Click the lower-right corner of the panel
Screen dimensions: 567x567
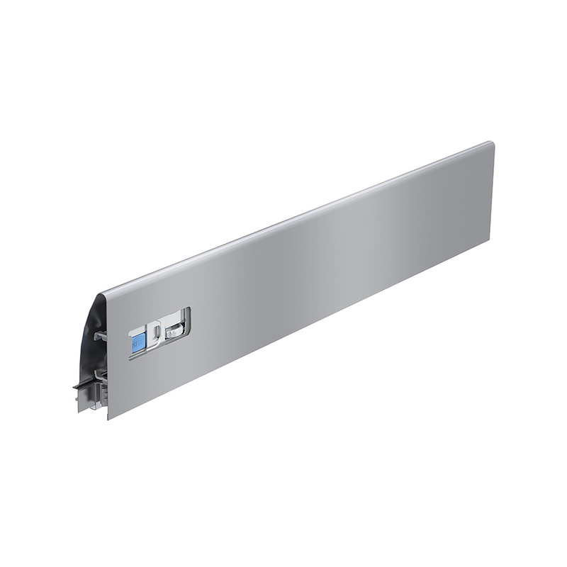(490, 237)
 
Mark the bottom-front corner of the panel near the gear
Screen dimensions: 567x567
(108, 417)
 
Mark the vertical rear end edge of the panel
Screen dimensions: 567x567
(490, 191)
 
